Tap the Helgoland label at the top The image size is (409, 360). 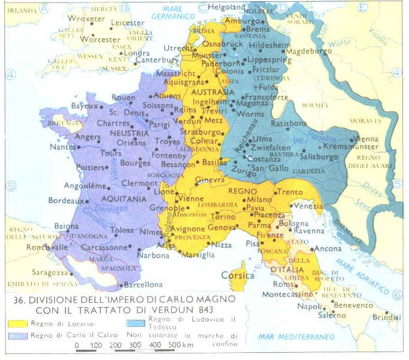point(228,7)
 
